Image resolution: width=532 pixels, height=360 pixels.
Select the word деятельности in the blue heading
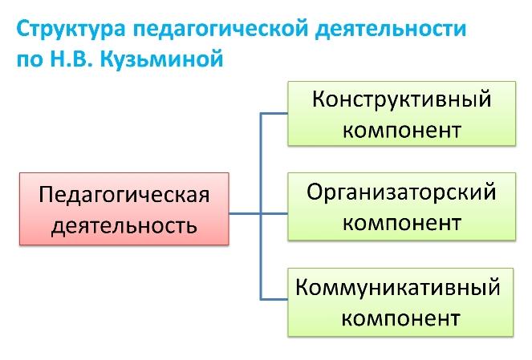tap(391, 29)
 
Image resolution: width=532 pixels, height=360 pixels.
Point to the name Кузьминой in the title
tap(162, 59)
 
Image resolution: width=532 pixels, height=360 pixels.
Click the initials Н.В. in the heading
tap(71, 59)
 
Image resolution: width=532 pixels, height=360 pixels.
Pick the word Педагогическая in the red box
tap(124, 195)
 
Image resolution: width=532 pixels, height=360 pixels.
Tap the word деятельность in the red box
tap(124, 225)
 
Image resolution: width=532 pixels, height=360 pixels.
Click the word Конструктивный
tap(402, 99)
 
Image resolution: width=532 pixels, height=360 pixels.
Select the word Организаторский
tap(402, 192)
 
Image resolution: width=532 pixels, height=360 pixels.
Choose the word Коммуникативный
tap(398, 288)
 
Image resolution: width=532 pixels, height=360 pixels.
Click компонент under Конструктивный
tap(402, 131)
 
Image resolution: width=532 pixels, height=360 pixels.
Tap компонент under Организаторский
tap(402, 224)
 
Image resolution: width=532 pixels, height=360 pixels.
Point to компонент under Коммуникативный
tap(400, 318)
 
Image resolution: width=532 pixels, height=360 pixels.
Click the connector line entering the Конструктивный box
tap(274, 113)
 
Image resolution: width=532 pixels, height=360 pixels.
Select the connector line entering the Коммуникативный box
tap(274, 299)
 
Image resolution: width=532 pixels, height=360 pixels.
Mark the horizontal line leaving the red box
tap(245, 213)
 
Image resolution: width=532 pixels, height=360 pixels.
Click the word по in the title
tap(30, 60)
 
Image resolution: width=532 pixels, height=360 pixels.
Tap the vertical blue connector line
tap(261, 206)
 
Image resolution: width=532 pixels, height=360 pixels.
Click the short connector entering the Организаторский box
tap(274, 213)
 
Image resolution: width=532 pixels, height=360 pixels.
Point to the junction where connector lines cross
tap(261, 213)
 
